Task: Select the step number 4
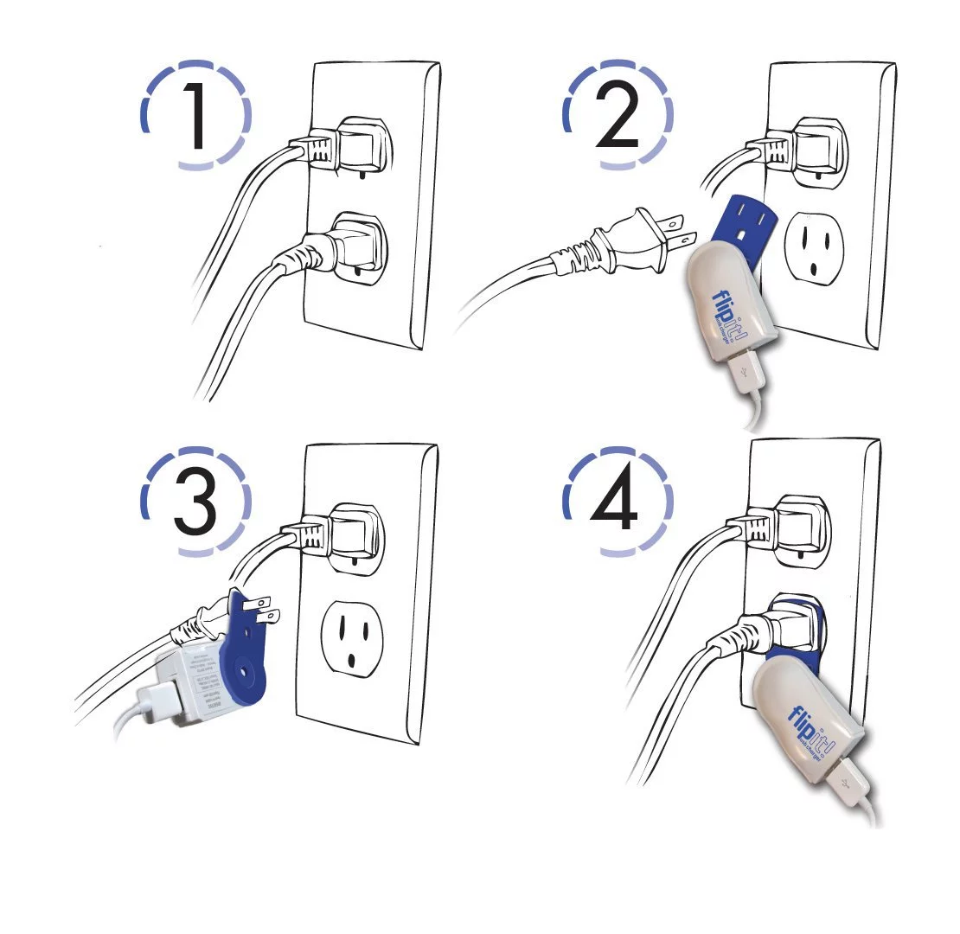coord(616,502)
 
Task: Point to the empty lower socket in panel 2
coord(814,246)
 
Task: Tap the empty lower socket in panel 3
coord(353,636)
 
